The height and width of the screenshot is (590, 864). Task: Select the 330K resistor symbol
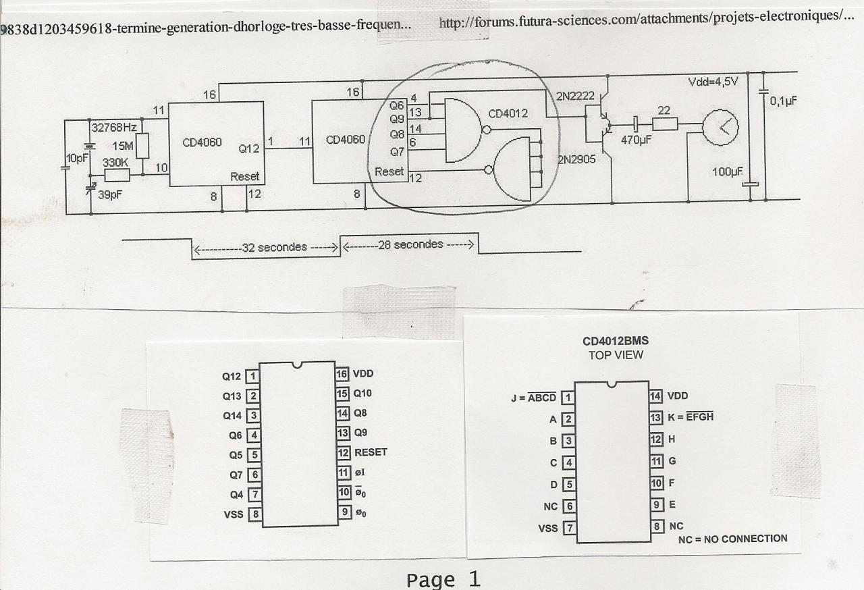coord(116,176)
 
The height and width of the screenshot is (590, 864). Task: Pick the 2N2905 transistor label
coord(577,159)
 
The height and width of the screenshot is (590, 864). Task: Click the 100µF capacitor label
coord(726,172)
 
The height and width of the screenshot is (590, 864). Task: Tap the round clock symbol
coord(720,127)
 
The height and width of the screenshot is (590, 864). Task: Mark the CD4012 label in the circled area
coord(507,113)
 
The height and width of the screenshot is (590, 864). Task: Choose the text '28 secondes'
coord(411,244)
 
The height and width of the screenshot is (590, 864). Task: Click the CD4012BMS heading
coord(616,342)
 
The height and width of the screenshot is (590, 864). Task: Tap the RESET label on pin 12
coord(371,452)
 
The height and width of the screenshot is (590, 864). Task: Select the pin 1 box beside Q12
coord(252,376)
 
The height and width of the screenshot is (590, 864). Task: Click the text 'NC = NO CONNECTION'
coord(732,539)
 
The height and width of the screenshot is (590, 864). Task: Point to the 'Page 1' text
coord(443,579)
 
